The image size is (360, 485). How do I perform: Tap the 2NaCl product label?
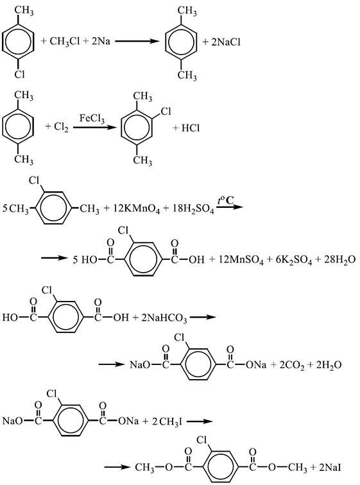[x=226, y=42]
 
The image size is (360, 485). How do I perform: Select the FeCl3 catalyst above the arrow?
[x=92, y=119]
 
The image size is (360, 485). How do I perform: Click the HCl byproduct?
[x=190, y=128]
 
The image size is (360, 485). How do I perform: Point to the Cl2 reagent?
[x=61, y=127]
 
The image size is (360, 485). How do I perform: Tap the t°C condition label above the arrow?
[x=225, y=200]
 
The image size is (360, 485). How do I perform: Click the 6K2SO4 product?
[x=293, y=260]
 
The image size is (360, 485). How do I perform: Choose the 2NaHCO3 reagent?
[x=164, y=318]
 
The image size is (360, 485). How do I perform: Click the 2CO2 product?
[x=292, y=365]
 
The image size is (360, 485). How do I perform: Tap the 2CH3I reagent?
[x=167, y=421]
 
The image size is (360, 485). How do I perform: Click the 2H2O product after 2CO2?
[x=329, y=365]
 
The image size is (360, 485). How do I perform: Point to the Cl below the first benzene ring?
[x=19, y=74]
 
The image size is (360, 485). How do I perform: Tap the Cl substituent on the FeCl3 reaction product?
[x=166, y=111]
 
